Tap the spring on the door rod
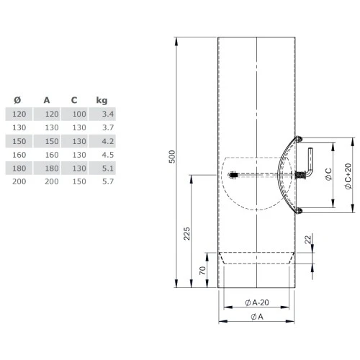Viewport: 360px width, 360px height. (296, 176)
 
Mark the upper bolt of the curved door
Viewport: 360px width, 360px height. (300, 139)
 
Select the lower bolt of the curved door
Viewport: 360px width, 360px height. (300, 210)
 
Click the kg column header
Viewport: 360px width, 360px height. (102, 100)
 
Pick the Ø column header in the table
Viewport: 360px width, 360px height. (17, 100)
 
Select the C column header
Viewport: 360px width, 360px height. (74, 100)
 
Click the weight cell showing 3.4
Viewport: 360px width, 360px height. (107, 114)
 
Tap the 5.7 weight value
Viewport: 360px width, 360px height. (107, 181)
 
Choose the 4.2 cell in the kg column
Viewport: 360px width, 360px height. (107, 141)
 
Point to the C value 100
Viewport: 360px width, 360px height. (78, 114)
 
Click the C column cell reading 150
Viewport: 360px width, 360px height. (78, 181)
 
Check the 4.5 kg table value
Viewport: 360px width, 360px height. (107, 154)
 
